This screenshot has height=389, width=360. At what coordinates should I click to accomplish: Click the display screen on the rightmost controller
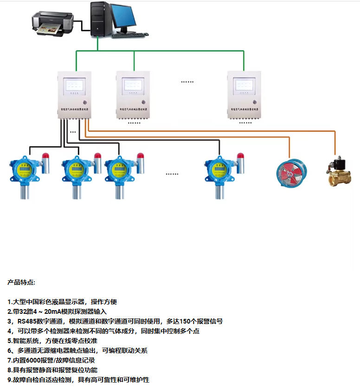click(244, 84)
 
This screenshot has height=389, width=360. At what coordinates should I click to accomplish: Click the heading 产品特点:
click(21, 282)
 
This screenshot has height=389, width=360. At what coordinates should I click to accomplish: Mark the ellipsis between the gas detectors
click(172, 174)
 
